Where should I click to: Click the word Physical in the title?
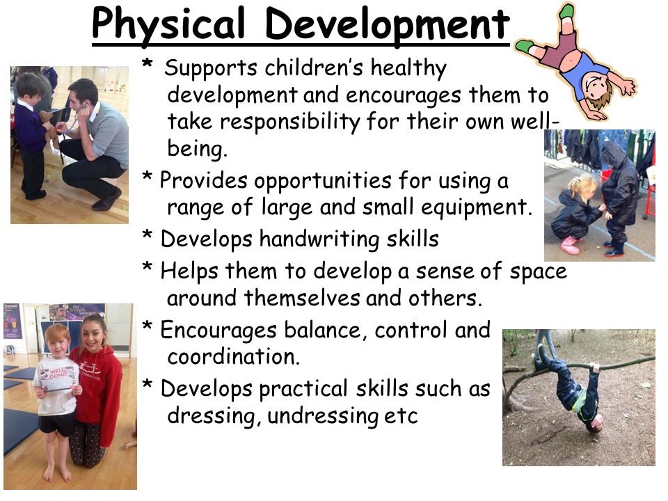(x=168, y=25)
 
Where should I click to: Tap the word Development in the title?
(x=388, y=24)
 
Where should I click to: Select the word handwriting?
(x=319, y=239)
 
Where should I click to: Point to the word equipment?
(x=477, y=208)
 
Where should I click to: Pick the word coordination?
(x=234, y=356)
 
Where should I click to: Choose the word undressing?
(x=322, y=416)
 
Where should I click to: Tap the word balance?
(x=326, y=331)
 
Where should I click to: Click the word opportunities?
(x=322, y=182)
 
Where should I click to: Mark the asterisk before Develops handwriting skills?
(x=148, y=234)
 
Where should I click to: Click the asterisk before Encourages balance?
(x=148, y=326)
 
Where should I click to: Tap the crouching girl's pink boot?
(x=570, y=246)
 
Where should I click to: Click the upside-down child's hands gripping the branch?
(x=594, y=367)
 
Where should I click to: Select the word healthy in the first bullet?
(x=408, y=69)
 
